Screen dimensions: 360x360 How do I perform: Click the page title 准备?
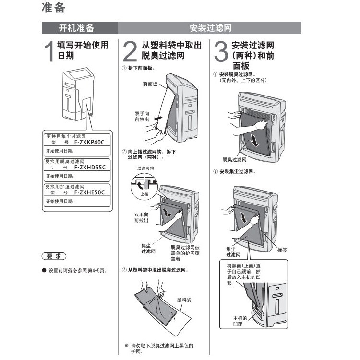point(53,8)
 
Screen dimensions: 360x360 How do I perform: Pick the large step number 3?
point(220,52)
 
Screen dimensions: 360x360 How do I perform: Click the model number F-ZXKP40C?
point(89,143)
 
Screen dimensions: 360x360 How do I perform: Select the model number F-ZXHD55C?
point(89,167)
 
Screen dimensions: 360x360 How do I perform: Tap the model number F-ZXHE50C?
point(89,192)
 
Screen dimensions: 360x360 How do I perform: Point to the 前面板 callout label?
point(150,84)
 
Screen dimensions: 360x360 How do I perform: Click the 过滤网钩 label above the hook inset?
point(145,169)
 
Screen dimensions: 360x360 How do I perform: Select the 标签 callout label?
point(282,250)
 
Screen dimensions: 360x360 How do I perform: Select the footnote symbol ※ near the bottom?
point(126,346)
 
